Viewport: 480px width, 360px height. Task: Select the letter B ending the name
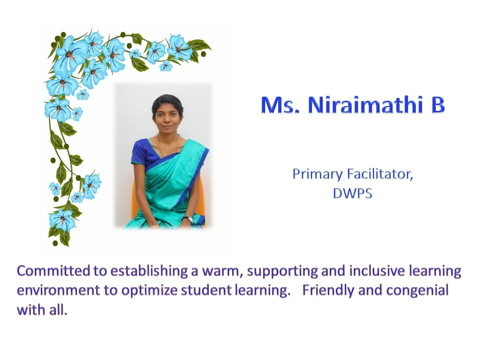pos(438,105)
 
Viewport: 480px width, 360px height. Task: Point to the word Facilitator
pos(380,174)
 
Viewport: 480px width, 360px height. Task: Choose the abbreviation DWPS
pos(352,193)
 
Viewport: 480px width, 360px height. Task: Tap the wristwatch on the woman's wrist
pos(187,218)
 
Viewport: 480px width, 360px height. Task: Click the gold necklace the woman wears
pos(167,144)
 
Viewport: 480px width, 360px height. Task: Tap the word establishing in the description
pos(149,271)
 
